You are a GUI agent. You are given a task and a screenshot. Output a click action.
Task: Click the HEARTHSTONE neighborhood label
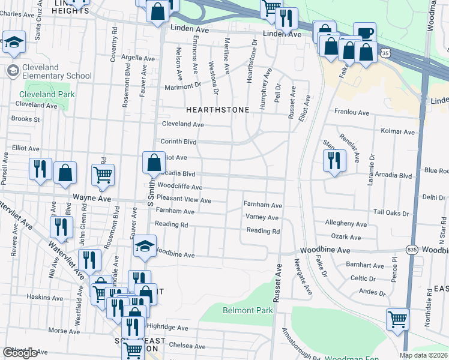(212, 110)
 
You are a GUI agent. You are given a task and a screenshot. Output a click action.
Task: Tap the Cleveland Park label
(47, 94)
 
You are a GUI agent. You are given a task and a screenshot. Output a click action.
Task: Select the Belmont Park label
(247, 310)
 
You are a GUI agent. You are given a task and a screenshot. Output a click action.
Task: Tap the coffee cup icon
(364, 32)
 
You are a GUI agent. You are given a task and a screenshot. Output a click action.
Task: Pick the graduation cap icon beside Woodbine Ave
(144, 247)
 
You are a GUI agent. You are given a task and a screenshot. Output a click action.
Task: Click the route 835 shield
(411, 249)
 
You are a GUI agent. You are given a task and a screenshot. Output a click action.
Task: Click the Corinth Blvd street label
(179, 142)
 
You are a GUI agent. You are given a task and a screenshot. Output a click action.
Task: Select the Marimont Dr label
(183, 86)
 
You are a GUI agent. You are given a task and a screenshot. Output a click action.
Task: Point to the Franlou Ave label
(351, 112)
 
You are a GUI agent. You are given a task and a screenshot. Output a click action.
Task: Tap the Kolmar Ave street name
(398, 131)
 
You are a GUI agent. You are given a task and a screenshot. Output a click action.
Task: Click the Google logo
(20, 353)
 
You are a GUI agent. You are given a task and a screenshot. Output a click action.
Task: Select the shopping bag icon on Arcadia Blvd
(154, 162)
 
